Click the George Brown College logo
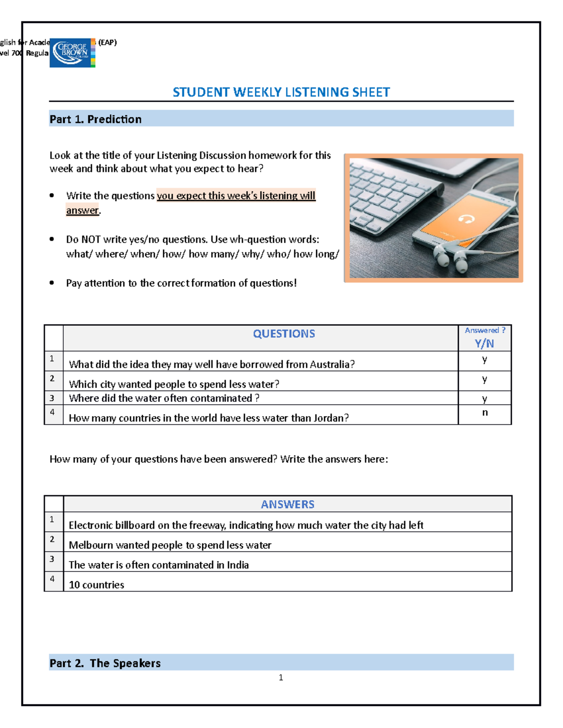72,53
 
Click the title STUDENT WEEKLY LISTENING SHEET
281,92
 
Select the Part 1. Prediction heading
96,119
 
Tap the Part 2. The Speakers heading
105,663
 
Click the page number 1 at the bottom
281,677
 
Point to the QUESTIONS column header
284,334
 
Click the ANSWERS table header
287,504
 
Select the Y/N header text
484,344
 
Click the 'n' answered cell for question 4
485,413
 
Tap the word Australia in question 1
331,365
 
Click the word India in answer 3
238,565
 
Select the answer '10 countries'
97,585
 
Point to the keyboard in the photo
389,192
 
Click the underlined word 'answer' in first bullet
83,210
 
